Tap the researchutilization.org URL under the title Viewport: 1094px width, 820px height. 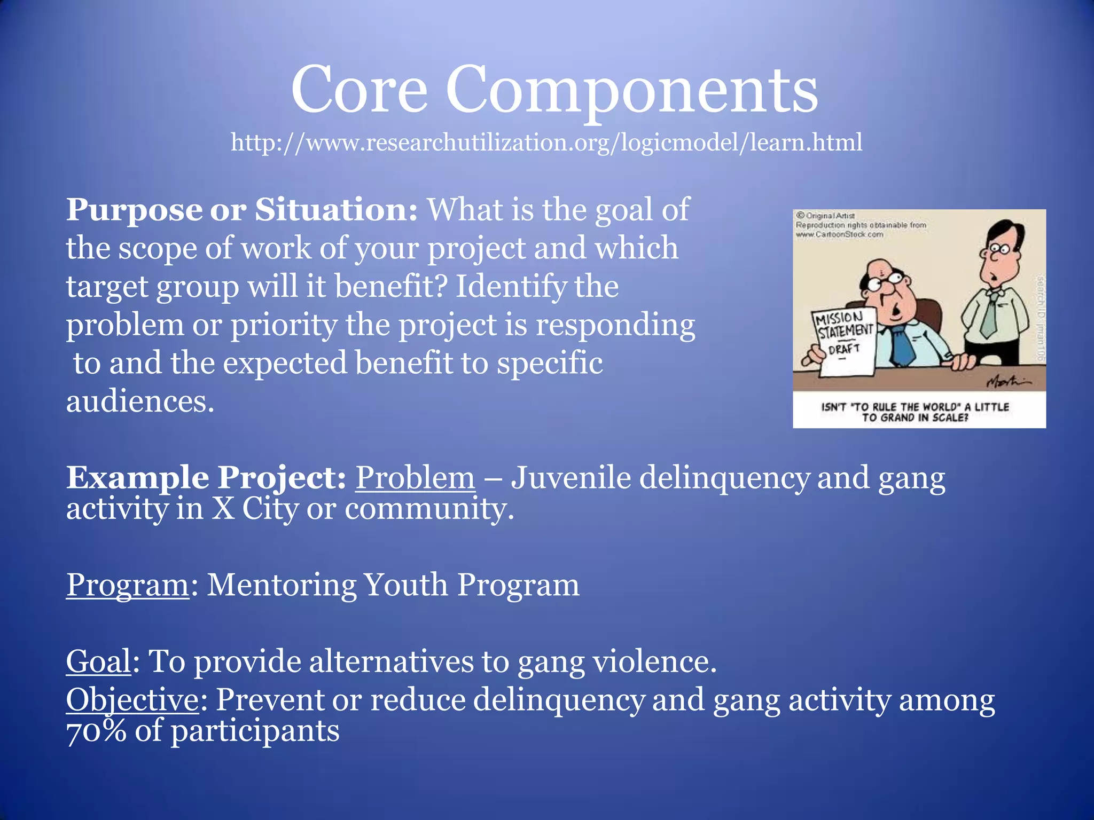pyautogui.click(x=546, y=143)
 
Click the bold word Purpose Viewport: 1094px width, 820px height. pyautogui.click(x=134, y=210)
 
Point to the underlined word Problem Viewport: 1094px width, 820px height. pyautogui.click(x=415, y=477)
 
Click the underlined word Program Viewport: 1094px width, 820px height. pyautogui.click(x=127, y=585)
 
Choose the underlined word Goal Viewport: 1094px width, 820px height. pyautogui.click(x=98, y=661)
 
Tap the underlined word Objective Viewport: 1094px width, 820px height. pyautogui.click(x=132, y=700)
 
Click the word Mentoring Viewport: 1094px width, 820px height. pyautogui.click(x=280, y=585)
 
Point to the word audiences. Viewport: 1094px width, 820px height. pyautogui.click(x=140, y=401)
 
